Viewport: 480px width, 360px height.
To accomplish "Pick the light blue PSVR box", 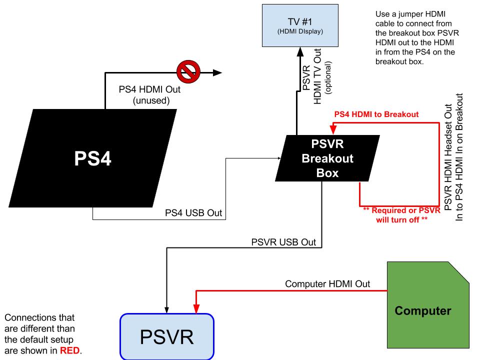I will click(x=166, y=336).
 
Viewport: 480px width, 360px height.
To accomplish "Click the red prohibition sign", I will click(x=188, y=72).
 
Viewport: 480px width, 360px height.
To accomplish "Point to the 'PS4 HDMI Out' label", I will click(x=149, y=90).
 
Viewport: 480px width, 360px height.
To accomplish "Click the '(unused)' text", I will click(x=149, y=100).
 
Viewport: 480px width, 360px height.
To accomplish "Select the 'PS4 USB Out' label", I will click(x=193, y=213).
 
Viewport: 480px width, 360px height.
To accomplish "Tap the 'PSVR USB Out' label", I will click(x=283, y=242).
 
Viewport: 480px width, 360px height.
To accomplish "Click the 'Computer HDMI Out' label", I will click(x=327, y=284).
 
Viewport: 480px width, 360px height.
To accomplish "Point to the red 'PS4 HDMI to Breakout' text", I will click(x=376, y=114).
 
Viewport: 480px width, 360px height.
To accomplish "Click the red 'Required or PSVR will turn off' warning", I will click(x=401, y=215).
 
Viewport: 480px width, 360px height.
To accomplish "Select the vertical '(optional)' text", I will click(x=328, y=79).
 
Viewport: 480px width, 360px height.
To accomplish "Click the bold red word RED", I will click(x=70, y=350).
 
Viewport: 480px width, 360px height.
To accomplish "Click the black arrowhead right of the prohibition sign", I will click(x=217, y=72).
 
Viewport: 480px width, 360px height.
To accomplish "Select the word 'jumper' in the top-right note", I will click(x=411, y=14).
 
